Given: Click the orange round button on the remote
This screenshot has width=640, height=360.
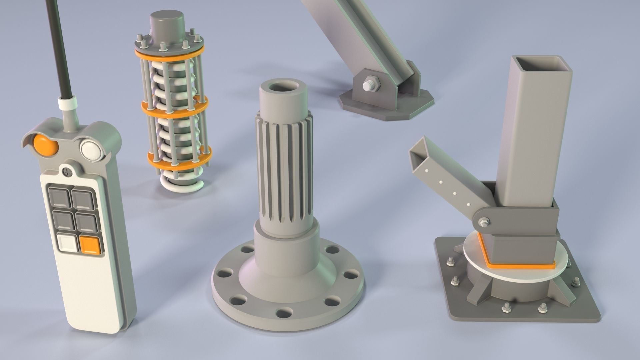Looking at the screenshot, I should click(46, 145).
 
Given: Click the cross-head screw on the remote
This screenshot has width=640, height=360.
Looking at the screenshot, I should click(68, 172).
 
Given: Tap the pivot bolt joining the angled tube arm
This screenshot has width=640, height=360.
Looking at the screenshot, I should click(484, 222).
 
